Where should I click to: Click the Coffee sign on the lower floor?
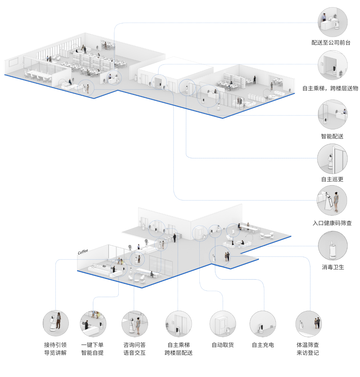[83, 252]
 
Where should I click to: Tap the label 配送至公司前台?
[331, 43]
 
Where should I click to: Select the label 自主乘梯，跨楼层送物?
[330, 88]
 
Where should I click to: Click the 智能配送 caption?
[332, 136]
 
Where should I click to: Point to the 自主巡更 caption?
[332, 179]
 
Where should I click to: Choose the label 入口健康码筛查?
[332, 223]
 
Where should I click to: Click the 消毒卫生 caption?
[333, 267]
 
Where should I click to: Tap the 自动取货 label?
[223, 345]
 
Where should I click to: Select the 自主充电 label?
[263, 345]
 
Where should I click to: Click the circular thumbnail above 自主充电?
[263, 324]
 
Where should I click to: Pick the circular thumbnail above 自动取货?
[223, 324]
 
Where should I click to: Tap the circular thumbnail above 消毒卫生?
[333, 246]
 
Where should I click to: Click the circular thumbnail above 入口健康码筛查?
[332, 200]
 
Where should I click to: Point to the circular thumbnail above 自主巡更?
[332, 159]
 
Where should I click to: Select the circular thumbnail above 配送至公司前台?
[332, 22]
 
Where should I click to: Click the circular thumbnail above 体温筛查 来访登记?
[309, 324]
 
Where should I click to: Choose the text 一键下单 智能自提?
[92, 349]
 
